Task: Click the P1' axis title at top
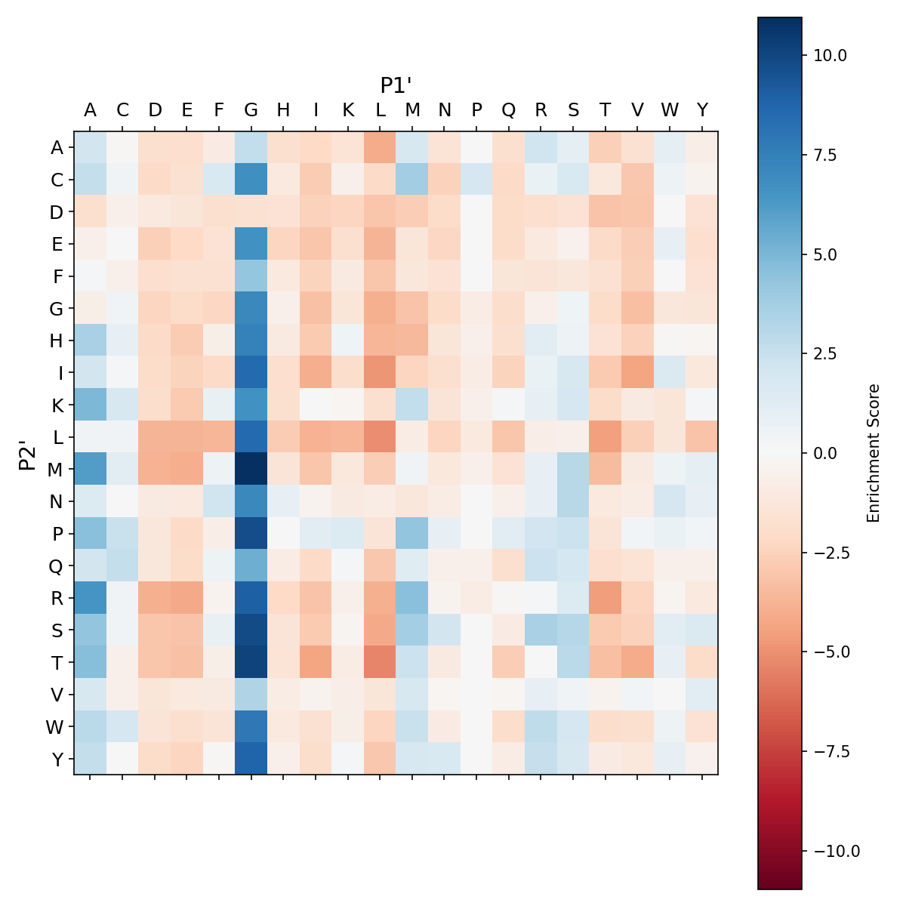[x=396, y=85]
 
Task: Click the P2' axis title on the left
[x=27, y=453]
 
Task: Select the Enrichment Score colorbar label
[x=874, y=453]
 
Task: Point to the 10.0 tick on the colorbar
[x=830, y=55]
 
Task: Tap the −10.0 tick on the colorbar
[x=834, y=851]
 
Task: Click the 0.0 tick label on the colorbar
[x=829, y=453]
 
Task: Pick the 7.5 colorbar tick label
[x=829, y=155]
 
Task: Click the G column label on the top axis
[x=251, y=110]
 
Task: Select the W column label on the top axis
[x=670, y=110]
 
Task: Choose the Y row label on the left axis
[x=57, y=760]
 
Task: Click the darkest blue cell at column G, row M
[x=251, y=470]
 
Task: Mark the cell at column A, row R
[x=91, y=598]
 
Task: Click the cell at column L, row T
[x=380, y=662]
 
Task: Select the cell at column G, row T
[x=251, y=662]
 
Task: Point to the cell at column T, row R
[x=606, y=598]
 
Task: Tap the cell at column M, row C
[x=412, y=180]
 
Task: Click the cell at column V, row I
[x=637, y=373]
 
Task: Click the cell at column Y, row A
[x=702, y=148]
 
